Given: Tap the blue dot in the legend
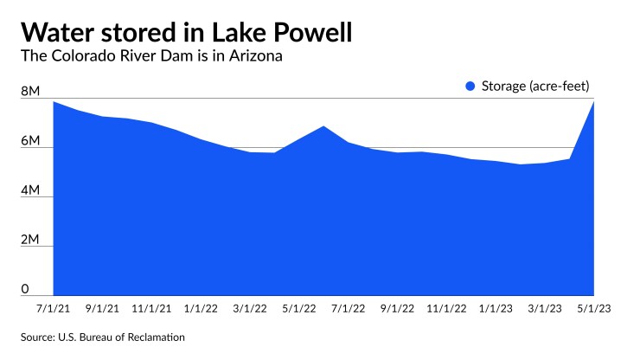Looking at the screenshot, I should tap(470, 86).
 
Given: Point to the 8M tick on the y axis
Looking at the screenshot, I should tap(30, 91).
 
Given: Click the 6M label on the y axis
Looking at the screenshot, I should tap(30, 140).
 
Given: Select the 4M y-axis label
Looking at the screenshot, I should tap(30, 190).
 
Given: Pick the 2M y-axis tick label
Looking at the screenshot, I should tap(30, 240).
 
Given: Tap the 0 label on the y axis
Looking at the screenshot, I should tap(26, 289).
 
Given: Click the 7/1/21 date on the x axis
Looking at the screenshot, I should tap(54, 307).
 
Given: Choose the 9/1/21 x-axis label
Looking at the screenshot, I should tap(103, 307).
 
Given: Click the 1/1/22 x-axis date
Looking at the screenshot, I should tap(202, 307).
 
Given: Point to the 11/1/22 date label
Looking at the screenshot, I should tap(447, 307).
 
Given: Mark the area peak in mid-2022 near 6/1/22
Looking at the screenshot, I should tap(323, 127).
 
